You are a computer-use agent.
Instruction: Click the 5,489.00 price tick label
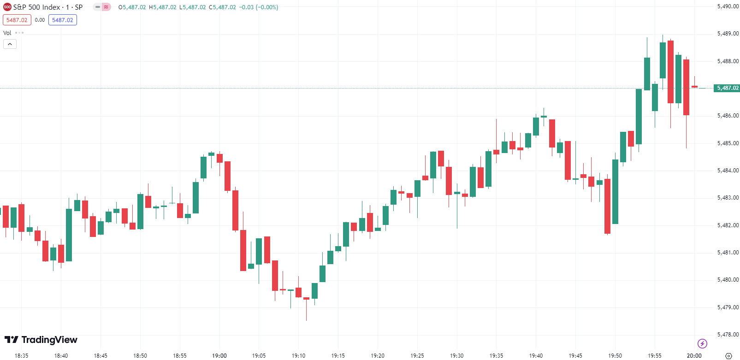pyautogui.click(x=728, y=34)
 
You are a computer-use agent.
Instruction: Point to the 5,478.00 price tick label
pyautogui.click(x=728, y=335)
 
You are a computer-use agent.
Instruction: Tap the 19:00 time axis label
pyautogui.click(x=219, y=355)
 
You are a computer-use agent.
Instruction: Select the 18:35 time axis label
pyautogui.click(x=22, y=355)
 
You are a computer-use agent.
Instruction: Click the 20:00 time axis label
pyautogui.click(x=694, y=355)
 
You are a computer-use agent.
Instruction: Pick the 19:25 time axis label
pyautogui.click(x=417, y=355)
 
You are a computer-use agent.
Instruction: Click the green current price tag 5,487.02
pyautogui.click(x=727, y=88)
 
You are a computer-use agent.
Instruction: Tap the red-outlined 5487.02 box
pyautogui.click(x=17, y=20)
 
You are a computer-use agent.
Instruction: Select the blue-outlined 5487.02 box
pyautogui.click(x=63, y=20)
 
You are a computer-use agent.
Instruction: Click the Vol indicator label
pyautogui.click(x=7, y=33)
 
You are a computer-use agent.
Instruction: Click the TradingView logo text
pyautogui.click(x=49, y=340)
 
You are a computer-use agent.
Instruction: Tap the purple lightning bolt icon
pyautogui.click(x=702, y=343)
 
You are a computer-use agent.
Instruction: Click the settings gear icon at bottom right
pyautogui.click(x=728, y=356)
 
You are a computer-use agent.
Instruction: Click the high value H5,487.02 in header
pyautogui.click(x=162, y=7)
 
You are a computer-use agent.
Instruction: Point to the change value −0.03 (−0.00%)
pyautogui.click(x=258, y=7)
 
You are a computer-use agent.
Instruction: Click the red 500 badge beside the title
pyautogui.click(x=7, y=7)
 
